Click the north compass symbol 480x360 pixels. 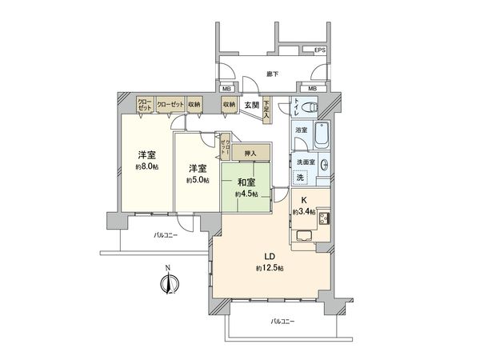tap(169, 282)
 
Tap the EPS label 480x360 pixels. tap(319, 51)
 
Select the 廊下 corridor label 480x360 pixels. tap(271, 74)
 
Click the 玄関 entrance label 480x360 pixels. tap(251, 105)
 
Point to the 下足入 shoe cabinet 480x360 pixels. tap(266, 109)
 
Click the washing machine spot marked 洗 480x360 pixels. tap(302, 178)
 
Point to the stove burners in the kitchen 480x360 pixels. tap(326, 220)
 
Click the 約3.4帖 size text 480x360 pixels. tap(303, 211)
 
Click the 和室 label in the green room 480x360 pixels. tap(246, 182)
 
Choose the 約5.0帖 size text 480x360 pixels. tap(199, 181)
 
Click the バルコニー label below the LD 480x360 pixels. tap(282, 321)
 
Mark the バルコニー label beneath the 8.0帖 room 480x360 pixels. tap(166, 234)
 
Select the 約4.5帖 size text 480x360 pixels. tap(246, 194)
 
